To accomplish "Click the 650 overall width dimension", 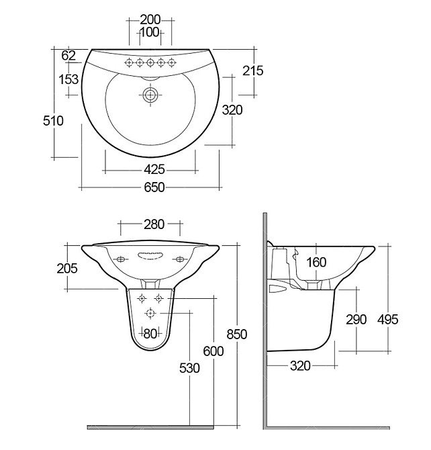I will [154, 189].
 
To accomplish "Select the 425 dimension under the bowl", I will [154, 169].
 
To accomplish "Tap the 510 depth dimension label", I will [53, 121].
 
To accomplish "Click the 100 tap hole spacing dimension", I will [150, 32].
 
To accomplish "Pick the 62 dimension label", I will [68, 55].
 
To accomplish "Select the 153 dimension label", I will [68, 79].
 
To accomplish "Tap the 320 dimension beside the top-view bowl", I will [232, 110].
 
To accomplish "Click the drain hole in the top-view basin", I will [150, 95].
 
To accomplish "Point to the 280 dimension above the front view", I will [154, 225].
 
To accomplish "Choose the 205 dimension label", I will [67, 269].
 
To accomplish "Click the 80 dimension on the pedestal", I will [150, 332].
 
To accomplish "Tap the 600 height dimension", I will [213, 351].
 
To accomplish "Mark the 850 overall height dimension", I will [237, 334].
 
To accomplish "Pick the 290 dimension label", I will [356, 319].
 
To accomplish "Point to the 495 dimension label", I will [387, 319].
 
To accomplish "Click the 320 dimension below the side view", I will [301, 365].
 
